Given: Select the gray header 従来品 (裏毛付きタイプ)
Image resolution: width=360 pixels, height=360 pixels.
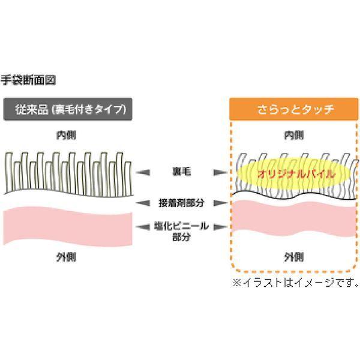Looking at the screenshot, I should point(67,109).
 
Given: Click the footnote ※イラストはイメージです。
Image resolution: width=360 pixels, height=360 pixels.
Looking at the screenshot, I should point(295,281).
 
